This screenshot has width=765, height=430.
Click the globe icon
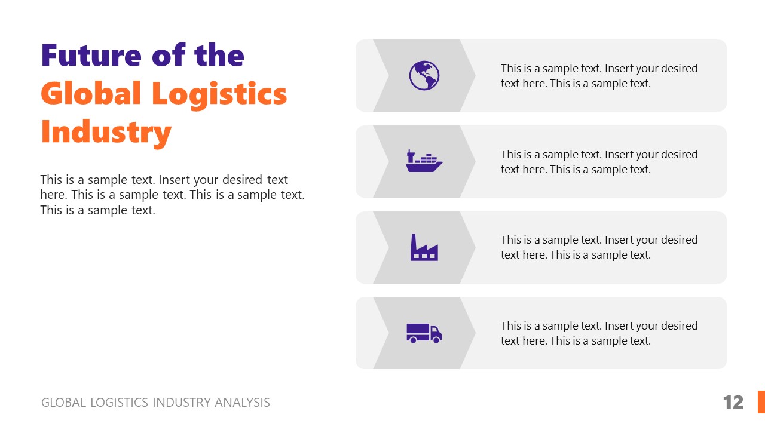coord(424,76)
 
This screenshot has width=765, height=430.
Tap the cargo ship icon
coord(424,162)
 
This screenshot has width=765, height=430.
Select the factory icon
coord(424,247)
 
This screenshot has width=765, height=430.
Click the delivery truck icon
coord(424,333)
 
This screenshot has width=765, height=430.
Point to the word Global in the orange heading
coord(91,94)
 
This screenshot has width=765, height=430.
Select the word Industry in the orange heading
coord(106,132)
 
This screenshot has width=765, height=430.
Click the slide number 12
coord(733,403)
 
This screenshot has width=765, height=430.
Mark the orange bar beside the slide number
coord(761,402)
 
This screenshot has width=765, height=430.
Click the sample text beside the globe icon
coord(599,76)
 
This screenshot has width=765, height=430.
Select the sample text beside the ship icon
coord(599,162)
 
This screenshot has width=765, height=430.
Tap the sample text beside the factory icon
coord(599,247)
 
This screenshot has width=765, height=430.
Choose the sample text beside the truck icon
coord(599,333)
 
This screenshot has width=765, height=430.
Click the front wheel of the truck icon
coord(436,339)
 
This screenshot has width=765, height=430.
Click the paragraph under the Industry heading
coord(172,195)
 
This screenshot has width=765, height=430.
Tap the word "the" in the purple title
coord(220,56)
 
